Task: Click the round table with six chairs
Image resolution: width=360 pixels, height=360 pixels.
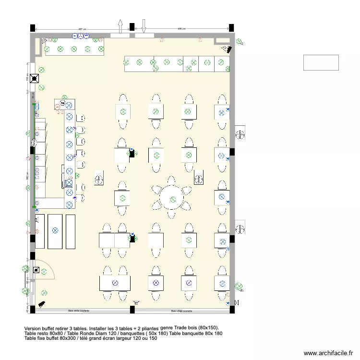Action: tap(171, 196)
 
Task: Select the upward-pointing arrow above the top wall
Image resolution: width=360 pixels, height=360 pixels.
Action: tap(120, 26)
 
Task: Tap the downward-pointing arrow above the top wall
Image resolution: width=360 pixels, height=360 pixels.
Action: tap(143, 26)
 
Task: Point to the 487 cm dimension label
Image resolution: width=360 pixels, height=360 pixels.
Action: tap(82, 29)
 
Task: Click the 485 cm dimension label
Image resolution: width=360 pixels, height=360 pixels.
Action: tap(182, 29)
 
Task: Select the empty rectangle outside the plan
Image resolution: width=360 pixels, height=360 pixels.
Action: tap(321, 62)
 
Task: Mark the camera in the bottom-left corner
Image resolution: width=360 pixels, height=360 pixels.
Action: tap(42, 303)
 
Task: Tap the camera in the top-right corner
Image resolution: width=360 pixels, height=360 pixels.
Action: tap(226, 48)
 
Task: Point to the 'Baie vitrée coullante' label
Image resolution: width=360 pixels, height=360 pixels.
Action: tap(79, 311)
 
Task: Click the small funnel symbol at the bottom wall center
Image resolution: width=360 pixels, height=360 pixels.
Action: tap(137, 302)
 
